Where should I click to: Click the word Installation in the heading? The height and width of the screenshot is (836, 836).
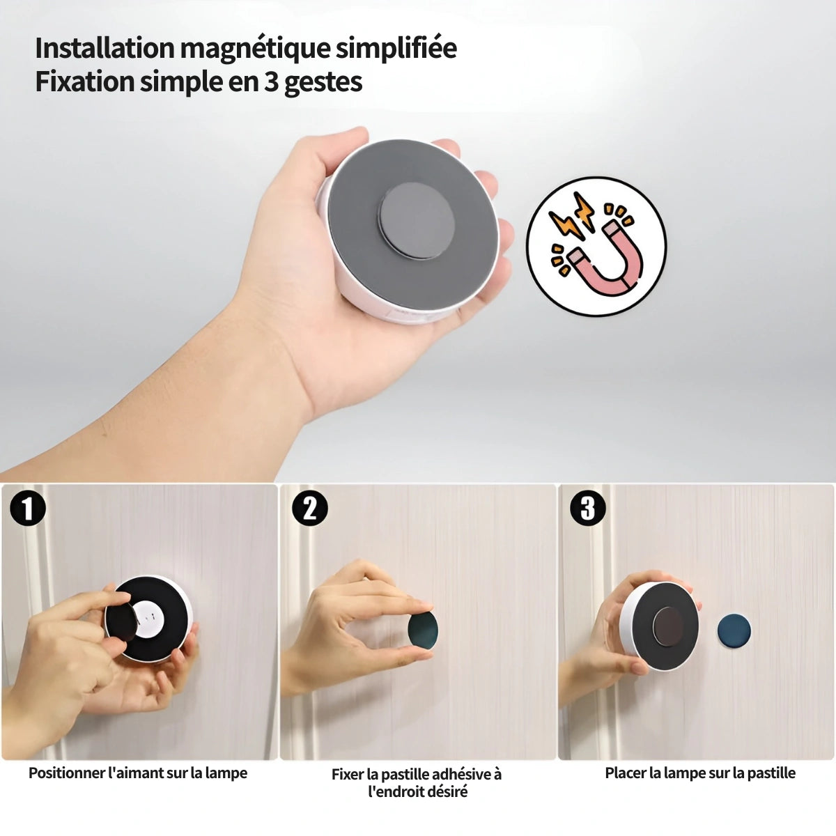tap(104, 48)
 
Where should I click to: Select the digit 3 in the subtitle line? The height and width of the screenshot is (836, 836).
tap(271, 82)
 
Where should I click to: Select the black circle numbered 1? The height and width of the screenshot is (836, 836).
tap(27, 508)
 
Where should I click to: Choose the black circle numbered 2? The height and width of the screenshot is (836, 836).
tap(310, 508)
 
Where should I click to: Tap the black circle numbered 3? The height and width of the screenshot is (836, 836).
tap(587, 508)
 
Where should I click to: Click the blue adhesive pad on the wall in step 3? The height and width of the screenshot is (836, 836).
tap(734, 630)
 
